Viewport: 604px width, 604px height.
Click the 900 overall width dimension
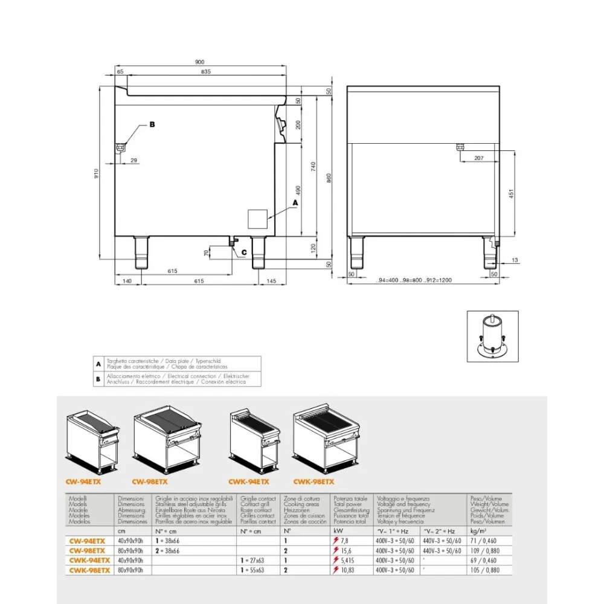(200, 62)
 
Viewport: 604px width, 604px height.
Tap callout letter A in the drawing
(295, 204)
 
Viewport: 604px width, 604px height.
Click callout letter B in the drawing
(152, 124)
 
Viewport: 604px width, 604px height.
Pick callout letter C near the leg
(243, 252)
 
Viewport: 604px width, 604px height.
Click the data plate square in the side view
(259, 218)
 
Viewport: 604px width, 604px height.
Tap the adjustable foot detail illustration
(492, 336)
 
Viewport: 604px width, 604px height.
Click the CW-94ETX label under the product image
(82, 482)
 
